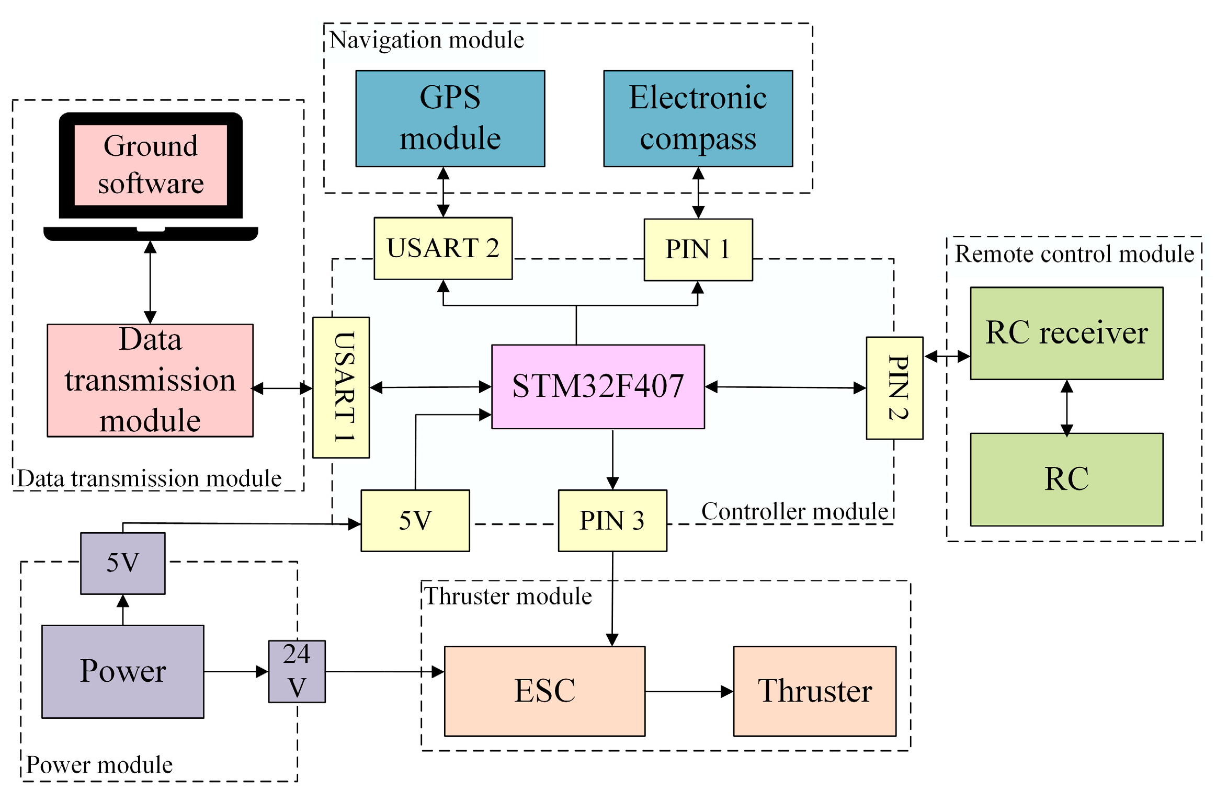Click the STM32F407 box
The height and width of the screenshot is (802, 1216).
click(597, 386)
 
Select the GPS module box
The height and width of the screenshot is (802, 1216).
click(450, 119)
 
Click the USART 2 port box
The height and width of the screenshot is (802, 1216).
click(442, 248)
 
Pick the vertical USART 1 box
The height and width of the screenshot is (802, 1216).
click(341, 387)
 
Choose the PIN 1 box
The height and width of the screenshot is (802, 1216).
click(698, 250)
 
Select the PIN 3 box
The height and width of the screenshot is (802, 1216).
click(612, 520)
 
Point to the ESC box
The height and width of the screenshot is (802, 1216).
click(544, 691)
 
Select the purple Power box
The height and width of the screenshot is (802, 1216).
click(122, 671)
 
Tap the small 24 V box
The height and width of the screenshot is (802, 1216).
click(297, 671)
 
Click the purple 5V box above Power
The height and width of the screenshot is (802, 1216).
click(122, 563)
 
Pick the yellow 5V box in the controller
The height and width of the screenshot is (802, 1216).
click(415, 520)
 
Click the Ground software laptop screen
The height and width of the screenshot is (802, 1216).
click(151, 165)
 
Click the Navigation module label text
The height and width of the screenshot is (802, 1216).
click(427, 40)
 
